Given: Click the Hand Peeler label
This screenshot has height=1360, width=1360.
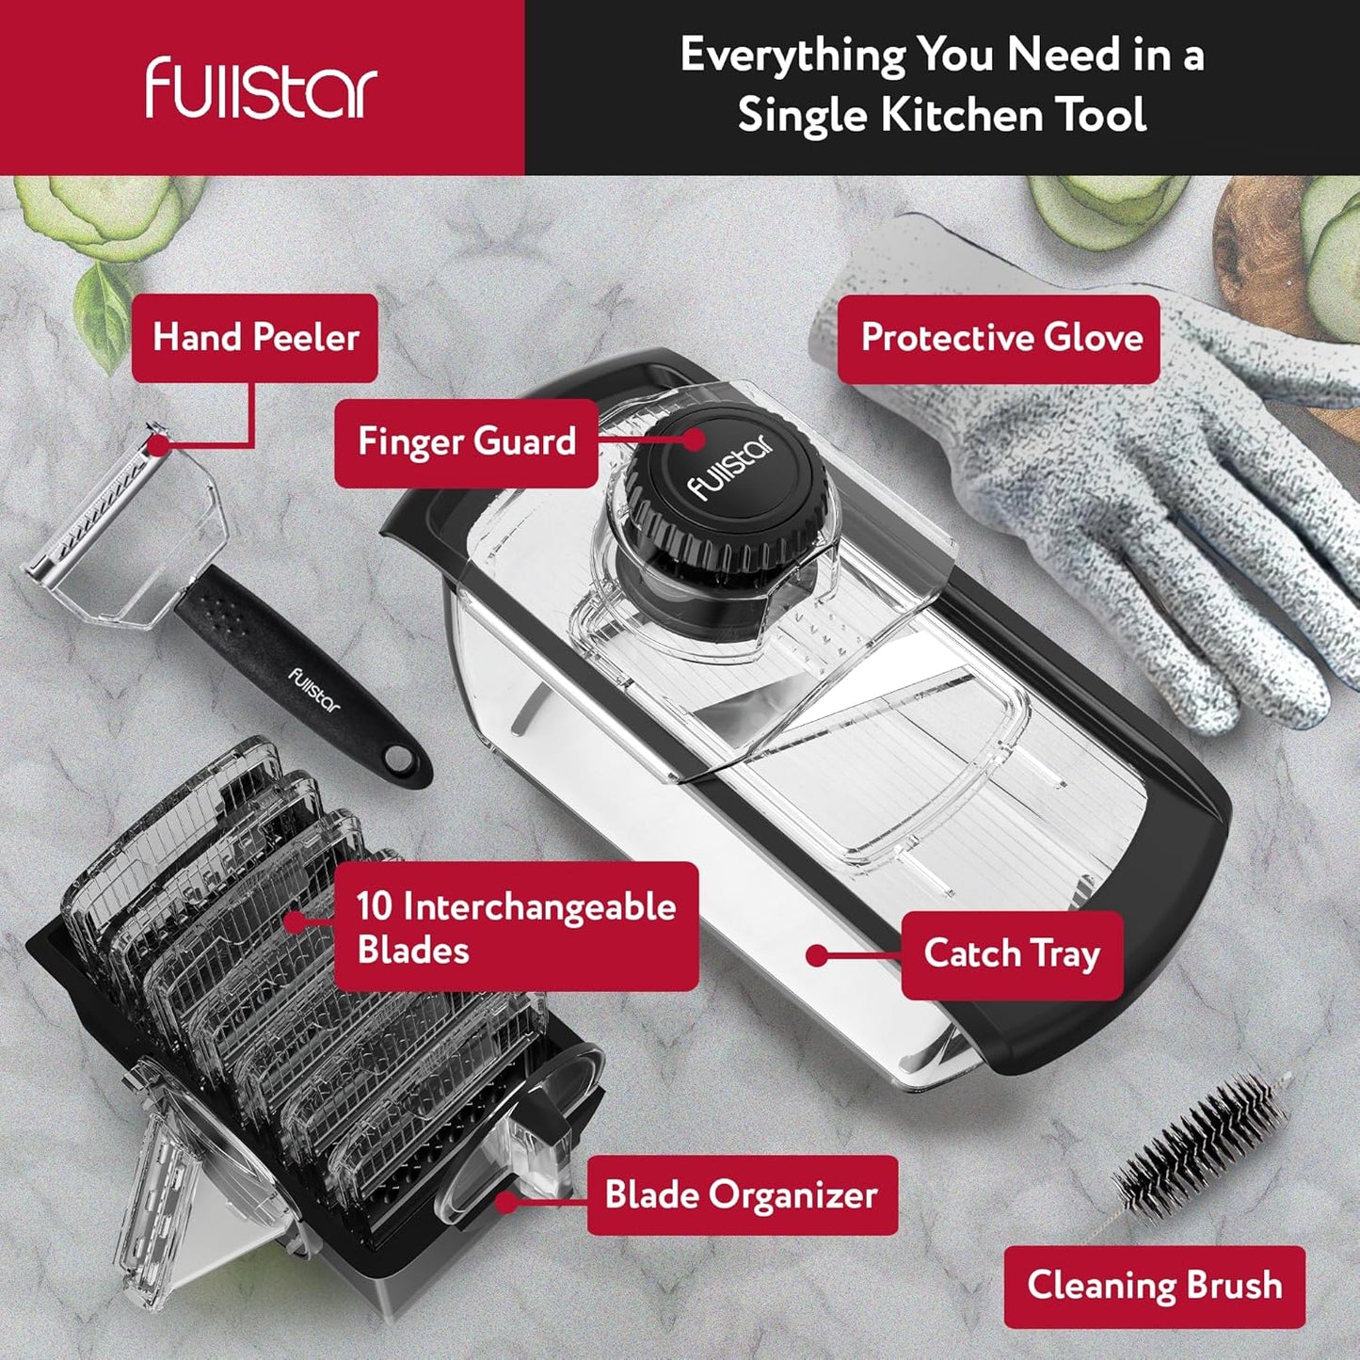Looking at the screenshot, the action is [255, 338].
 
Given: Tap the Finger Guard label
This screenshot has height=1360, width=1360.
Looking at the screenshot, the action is [467, 442].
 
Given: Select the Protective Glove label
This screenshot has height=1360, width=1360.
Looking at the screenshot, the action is [999, 338].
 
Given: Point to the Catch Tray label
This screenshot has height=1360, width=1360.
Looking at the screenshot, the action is [1012, 954].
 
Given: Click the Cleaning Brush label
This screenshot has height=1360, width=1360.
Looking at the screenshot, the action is [1154, 1285].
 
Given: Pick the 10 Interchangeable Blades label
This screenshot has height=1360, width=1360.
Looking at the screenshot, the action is [517, 927].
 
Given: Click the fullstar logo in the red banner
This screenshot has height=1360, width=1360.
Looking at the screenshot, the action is [261, 88].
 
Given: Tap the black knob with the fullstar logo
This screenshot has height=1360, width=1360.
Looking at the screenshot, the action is [727, 480].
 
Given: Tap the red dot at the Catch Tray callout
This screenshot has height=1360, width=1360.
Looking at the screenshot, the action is [817, 955].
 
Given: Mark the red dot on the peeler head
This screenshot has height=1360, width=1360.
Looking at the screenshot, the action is [159, 444].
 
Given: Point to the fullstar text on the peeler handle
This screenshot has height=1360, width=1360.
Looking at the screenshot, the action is [314, 689].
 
